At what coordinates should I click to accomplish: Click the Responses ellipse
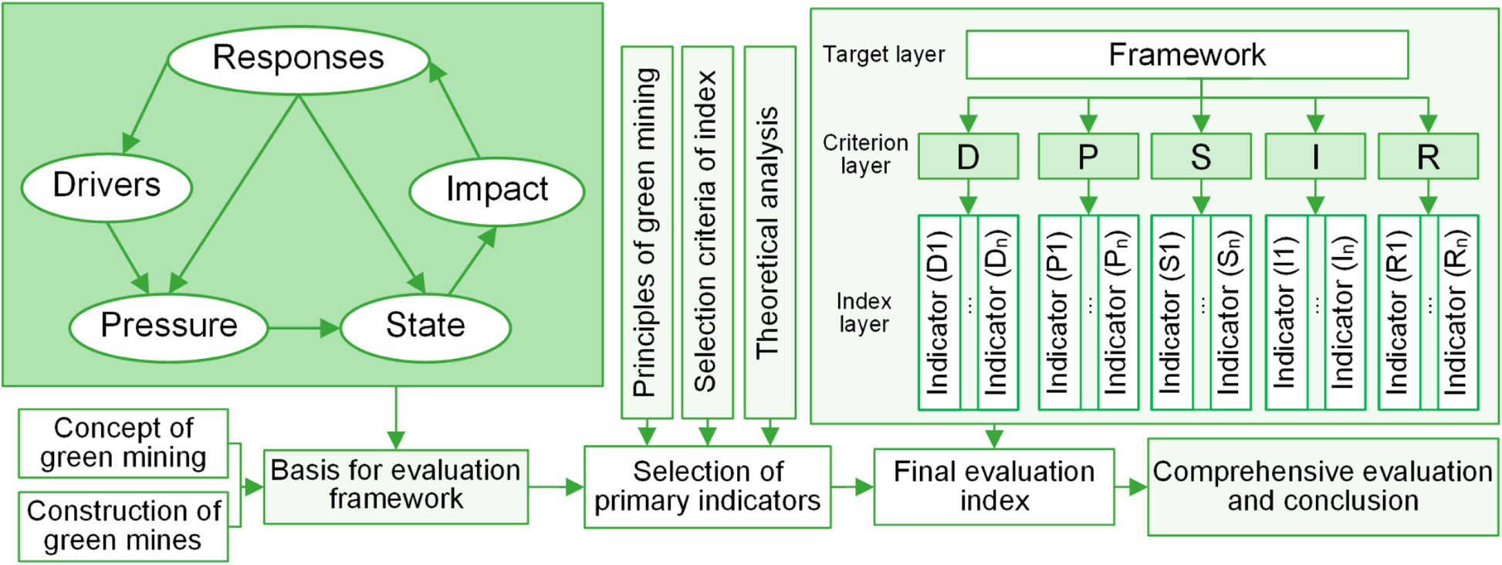click(x=298, y=59)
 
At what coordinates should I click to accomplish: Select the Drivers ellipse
click(x=107, y=186)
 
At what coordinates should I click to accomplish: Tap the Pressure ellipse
click(x=168, y=326)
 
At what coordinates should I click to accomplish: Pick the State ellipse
click(x=425, y=326)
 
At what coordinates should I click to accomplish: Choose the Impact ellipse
click(x=496, y=190)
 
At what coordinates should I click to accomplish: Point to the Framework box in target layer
click(x=1186, y=55)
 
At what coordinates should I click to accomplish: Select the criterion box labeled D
click(x=968, y=157)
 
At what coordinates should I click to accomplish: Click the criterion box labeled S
click(x=1200, y=157)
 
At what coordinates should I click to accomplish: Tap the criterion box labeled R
click(x=1428, y=157)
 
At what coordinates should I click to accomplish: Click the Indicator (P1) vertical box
click(x=1058, y=313)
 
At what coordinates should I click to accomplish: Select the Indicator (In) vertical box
click(x=1345, y=313)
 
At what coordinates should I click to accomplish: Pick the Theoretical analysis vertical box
click(x=769, y=232)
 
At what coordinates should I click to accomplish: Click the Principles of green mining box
click(x=647, y=232)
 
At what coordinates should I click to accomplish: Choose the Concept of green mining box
click(x=123, y=443)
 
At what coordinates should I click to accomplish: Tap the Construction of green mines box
click(x=123, y=526)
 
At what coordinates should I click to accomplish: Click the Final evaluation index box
click(x=993, y=486)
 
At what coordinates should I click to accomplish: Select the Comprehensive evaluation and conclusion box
click(x=1322, y=486)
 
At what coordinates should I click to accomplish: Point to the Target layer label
click(x=884, y=55)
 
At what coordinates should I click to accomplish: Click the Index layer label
click(x=864, y=313)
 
